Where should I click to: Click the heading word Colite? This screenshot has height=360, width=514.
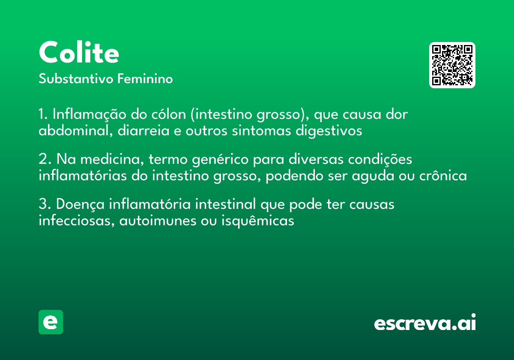point(79,53)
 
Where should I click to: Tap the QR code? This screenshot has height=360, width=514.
point(452,65)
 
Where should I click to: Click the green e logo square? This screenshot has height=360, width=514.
point(51,322)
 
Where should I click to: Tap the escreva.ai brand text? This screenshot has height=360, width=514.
point(425,323)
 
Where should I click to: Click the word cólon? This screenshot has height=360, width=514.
point(170,115)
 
